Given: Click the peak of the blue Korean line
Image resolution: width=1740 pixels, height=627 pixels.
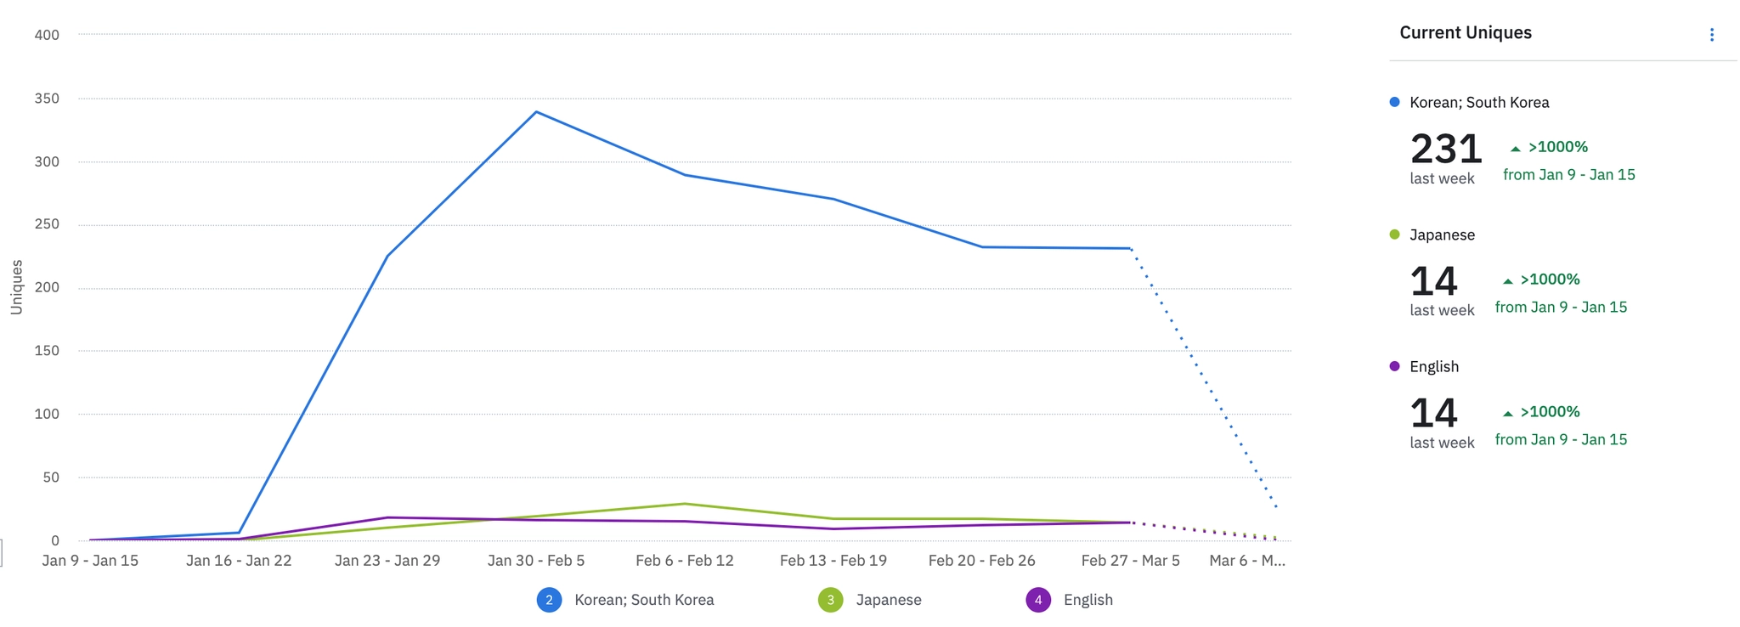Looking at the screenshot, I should pyautogui.click(x=536, y=112).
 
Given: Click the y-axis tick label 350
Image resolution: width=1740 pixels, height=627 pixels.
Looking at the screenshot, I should pyautogui.click(x=47, y=99).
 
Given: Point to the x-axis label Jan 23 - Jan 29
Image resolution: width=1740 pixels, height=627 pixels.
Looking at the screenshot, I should pyautogui.click(x=387, y=561).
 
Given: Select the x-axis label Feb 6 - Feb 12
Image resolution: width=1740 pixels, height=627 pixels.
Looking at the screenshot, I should pyautogui.click(x=685, y=561).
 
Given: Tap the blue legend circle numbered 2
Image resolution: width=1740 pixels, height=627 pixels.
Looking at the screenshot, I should pyautogui.click(x=549, y=600).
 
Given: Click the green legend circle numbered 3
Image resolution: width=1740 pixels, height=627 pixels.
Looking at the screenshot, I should pyautogui.click(x=830, y=600).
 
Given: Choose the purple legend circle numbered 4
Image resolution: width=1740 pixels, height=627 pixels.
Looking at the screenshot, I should pyautogui.click(x=1038, y=600).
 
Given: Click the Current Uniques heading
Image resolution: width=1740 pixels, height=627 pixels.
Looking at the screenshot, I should pyautogui.click(x=1466, y=33).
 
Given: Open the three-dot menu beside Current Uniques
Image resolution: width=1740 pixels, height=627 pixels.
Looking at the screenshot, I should pyautogui.click(x=1712, y=35).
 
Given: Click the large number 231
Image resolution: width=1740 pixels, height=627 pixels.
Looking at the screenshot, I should pyautogui.click(x=1446, y=150).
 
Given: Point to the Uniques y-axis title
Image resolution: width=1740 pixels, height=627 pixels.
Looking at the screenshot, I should pyautogui.click(x=17, y=287).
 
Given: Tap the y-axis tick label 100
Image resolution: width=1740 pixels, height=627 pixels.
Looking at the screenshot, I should pyautogui.click(x=47, y=415).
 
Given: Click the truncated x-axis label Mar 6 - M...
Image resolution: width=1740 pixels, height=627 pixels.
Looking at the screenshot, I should pyautogui.click(x=1247, y=561).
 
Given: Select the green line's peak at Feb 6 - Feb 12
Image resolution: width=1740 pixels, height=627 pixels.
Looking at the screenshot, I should pyautogui.click(x=685, y=504).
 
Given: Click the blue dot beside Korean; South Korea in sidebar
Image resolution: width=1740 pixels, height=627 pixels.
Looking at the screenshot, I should pyautogui.click(x=1394, y=102).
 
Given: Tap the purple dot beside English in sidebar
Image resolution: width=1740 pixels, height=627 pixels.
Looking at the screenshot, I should pyautogui.click(x=1394, y=366).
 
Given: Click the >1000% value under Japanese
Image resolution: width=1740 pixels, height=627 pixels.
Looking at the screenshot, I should pyautogui.click(x=1550, y=280).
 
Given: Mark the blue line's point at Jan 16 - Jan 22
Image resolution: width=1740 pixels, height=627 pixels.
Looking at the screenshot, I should pyautogui.click(x=239, y=533).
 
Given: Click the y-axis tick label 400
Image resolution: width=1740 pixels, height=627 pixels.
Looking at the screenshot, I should pyautogui.click(x=47, y=35).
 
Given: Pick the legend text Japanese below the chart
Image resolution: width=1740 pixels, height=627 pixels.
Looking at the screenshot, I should pyautogui.click(x=889, y=600).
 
